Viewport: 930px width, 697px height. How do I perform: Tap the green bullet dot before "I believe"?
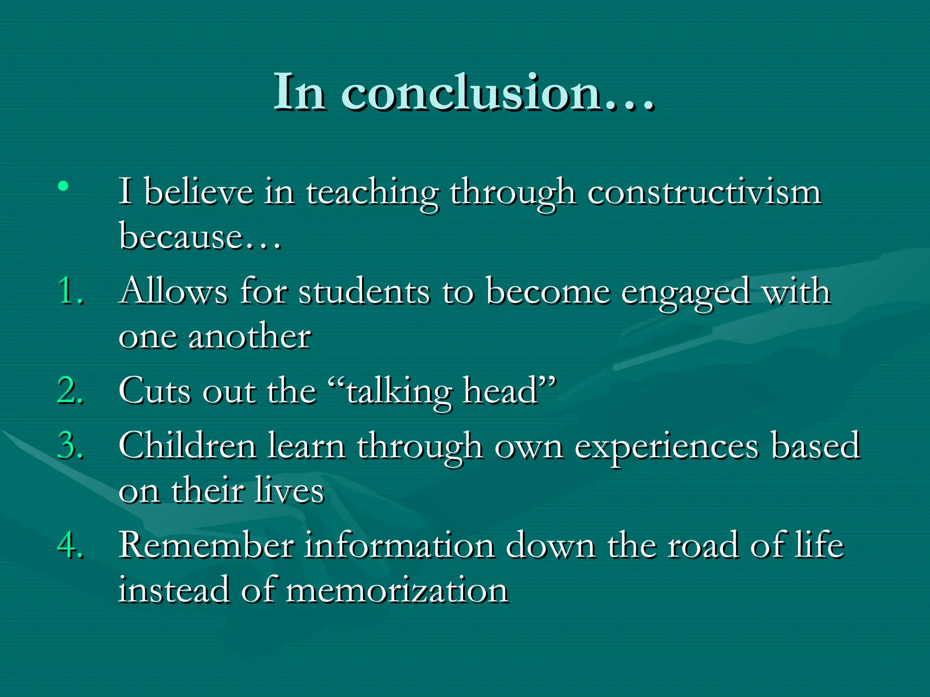(64, 186)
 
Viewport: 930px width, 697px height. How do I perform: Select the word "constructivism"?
(704, 193)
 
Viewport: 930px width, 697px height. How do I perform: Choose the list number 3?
(70, 446)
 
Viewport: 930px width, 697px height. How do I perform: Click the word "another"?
(250, 337)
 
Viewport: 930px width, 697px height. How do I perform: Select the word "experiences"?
(667, 447)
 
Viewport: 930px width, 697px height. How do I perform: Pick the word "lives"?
(289, 491)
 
